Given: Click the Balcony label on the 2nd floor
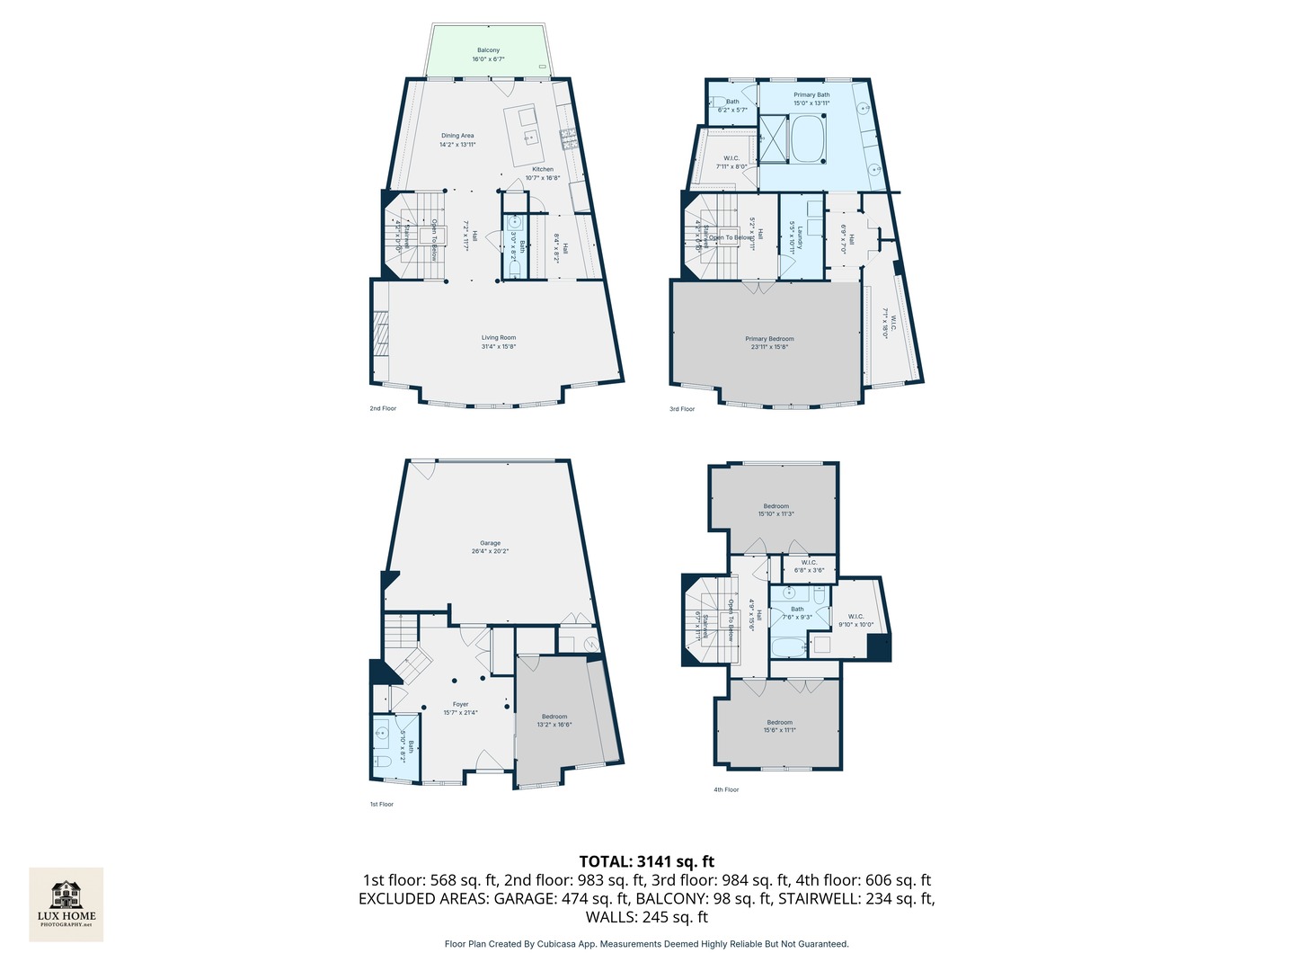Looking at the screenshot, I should (x=488, y=55).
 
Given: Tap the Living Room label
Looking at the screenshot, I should (x=499, y=342).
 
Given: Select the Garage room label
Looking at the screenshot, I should (x=490, y=547).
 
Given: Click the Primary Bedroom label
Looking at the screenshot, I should (x=769, y=343).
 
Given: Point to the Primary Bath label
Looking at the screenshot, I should (x=811, y=99).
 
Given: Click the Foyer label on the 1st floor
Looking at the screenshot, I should (x=460, y=708).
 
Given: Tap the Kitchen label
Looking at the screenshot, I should (x=543, y=173).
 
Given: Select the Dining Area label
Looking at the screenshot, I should (x=457, y=139).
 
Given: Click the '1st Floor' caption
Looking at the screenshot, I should (x=382, y=805).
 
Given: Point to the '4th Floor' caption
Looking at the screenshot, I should (x=726, y=790).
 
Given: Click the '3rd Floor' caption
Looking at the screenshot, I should (x=682, y=409).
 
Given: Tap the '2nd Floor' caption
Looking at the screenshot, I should (x=383, y=408).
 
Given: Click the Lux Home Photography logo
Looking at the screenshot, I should (x=66, y=904).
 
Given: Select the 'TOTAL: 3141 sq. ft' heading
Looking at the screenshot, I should (x=647, y=861).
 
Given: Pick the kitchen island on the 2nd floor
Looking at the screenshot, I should (x=526, y=135).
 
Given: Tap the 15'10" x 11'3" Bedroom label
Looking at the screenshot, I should (x=776, y=510).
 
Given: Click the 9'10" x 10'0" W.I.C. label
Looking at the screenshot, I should (x=855, y=620).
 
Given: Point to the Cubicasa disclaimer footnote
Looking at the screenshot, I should (x=647, y=944).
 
